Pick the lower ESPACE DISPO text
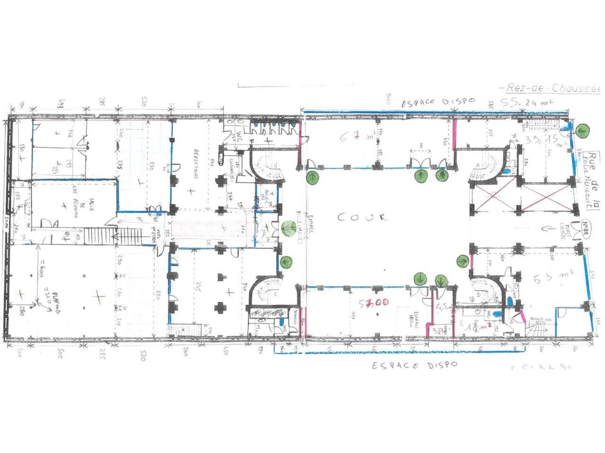414,365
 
